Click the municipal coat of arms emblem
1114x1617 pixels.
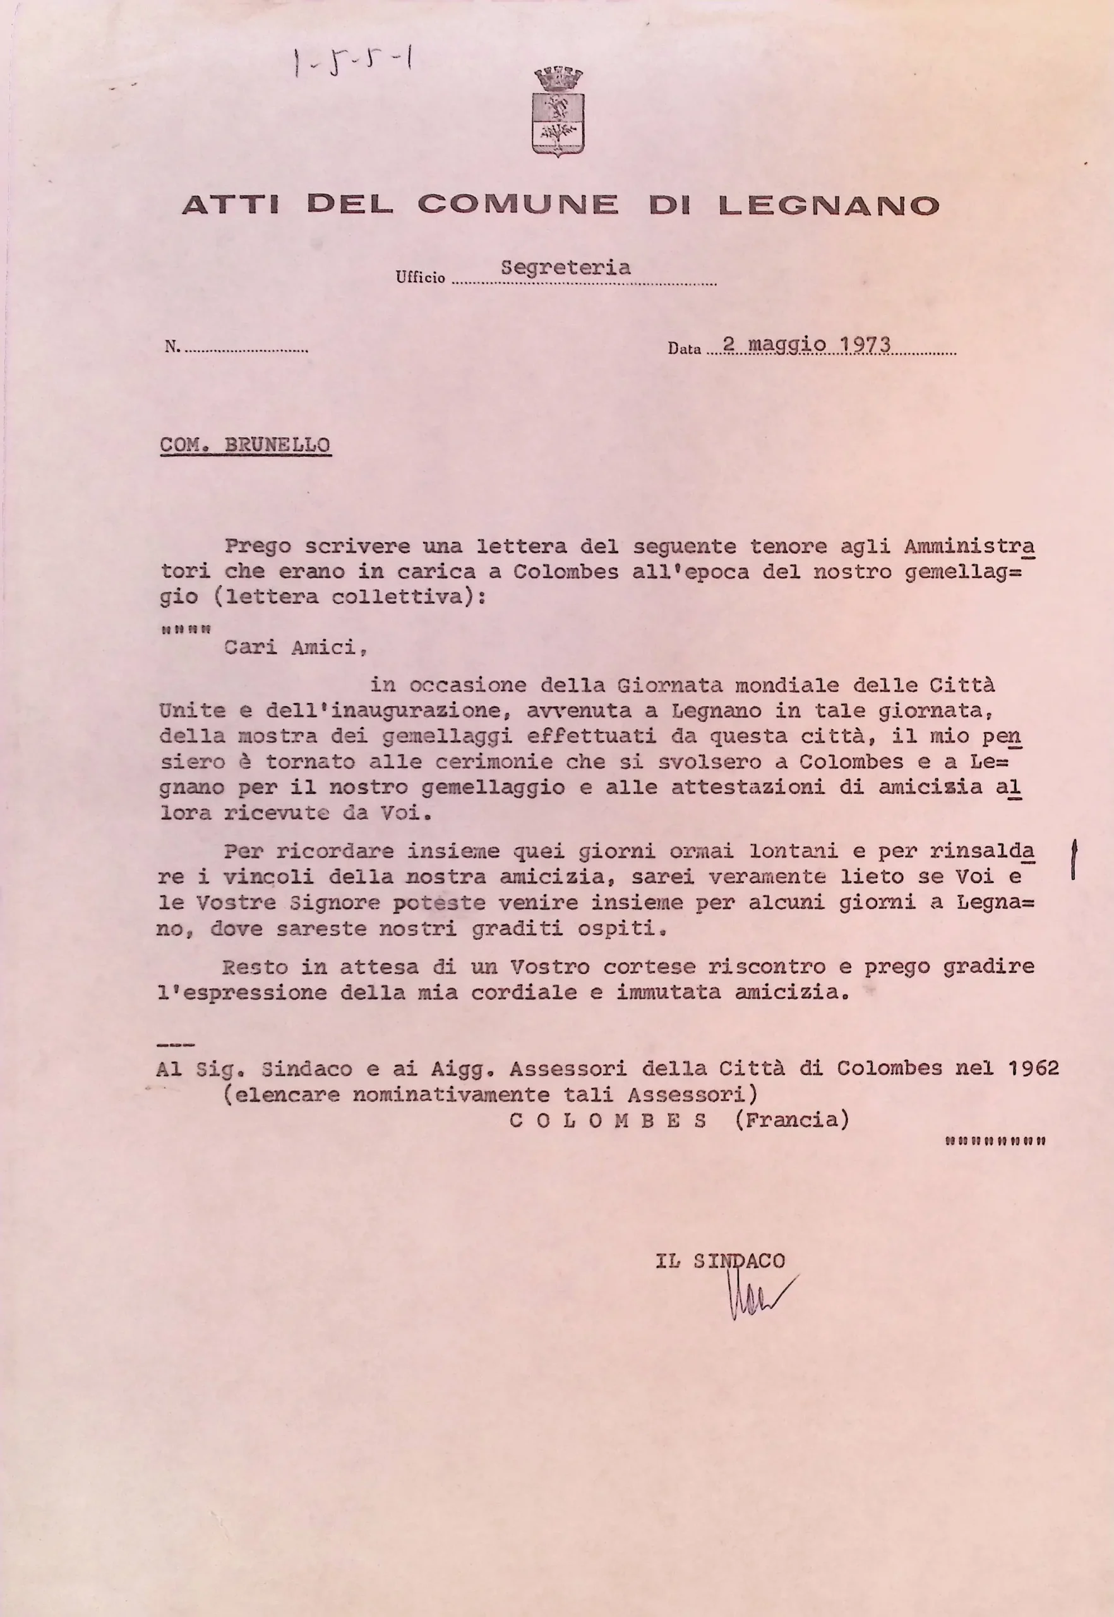(558, 112)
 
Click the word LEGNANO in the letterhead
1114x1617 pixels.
(829, 205)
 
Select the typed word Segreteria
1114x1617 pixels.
(565, 267)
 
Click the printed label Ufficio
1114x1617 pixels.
(420, 277)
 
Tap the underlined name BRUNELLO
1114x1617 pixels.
(277, 445)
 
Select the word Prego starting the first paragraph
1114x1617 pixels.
(258, 546)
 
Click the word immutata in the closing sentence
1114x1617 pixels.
(668, 993)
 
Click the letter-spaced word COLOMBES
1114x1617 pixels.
(609, 1121)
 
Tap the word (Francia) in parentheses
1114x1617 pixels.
(792, 1120)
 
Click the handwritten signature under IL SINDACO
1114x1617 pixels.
(757, 1295)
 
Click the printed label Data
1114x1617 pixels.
(683, 349)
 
